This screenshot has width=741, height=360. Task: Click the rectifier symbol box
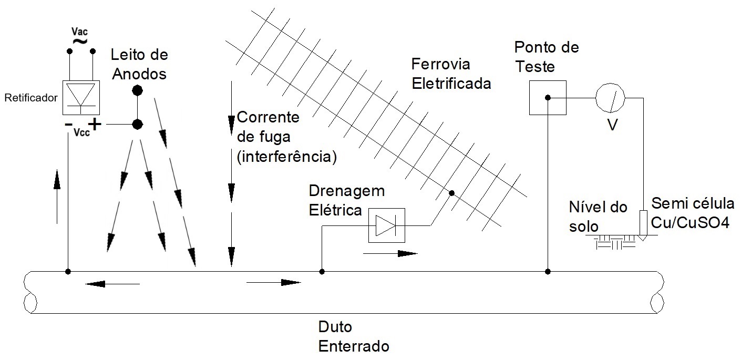80,98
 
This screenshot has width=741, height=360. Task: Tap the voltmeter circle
609,98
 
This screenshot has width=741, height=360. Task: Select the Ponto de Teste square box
547,98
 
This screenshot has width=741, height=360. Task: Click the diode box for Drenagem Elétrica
386,226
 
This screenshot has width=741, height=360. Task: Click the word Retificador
30,98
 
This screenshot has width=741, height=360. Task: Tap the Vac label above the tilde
80,32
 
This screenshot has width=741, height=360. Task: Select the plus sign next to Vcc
95,125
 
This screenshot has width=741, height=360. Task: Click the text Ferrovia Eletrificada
450,74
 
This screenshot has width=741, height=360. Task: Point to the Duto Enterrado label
354,336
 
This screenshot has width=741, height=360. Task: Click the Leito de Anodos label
139,64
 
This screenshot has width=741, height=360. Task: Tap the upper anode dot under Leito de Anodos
137,90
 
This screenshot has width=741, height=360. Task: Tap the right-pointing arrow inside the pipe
273,283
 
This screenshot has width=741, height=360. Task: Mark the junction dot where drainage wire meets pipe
322,272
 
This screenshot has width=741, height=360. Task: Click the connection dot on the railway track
450,193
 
